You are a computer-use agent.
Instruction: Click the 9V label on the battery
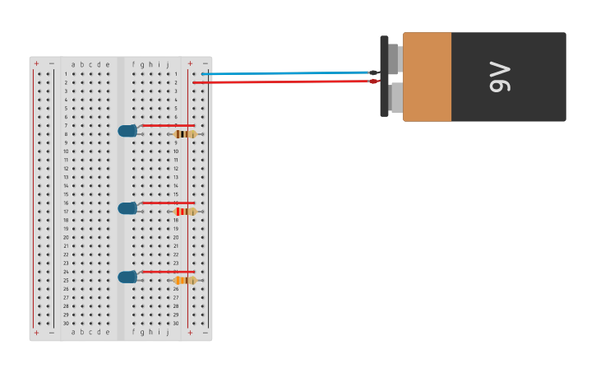tap(500, 77)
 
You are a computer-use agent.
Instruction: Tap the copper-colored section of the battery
tap(427, 77)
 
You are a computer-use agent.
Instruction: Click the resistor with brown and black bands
tap(186, 133)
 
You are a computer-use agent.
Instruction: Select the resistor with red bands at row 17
tap(186, 212)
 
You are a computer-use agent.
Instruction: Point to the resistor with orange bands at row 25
tap(186, 280)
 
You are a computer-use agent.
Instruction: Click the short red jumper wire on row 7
tap(169, 125)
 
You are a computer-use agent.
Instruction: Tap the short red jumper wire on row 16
tap(169, 203)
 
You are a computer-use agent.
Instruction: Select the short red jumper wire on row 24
tap(169, 272)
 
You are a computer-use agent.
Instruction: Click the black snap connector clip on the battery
tap(384, 76)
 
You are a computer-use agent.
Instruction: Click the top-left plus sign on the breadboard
tap(36, 63)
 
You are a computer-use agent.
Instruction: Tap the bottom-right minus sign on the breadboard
tap(205, 333)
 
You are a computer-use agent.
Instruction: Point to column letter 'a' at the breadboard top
tap(73, 64)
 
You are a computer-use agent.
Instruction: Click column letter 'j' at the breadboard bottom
tap(168, 333)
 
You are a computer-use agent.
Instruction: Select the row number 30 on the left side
tap(66, 324)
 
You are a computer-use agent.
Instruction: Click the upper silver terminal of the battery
tap(393, 58)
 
